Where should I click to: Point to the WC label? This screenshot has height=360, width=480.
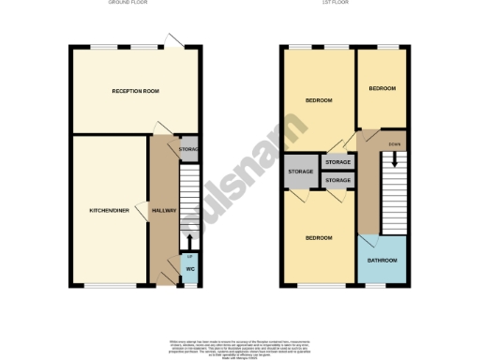coord(190,270)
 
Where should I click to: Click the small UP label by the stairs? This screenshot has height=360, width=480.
coord(189,256)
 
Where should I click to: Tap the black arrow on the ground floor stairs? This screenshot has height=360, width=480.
coord(190,241)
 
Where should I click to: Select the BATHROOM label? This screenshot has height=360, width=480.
coord(382,261)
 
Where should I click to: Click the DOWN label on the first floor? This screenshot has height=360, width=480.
coord(394,143)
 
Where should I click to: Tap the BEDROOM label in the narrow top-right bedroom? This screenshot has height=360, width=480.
coord(382,88)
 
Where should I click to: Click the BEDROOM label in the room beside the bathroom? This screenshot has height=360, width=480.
coord(319,237)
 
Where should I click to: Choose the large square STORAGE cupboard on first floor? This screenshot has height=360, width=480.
coord(300,172)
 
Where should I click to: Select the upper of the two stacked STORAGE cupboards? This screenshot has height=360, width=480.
coord(337,163)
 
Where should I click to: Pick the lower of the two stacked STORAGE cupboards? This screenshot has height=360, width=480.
coord(337,180)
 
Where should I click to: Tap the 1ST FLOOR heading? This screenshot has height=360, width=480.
coord(343,5)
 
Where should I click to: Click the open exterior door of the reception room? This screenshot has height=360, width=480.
coord(172,39)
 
